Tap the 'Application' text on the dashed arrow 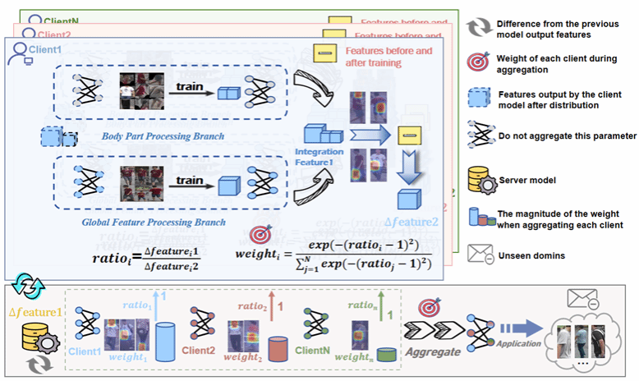tap(509, 345)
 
